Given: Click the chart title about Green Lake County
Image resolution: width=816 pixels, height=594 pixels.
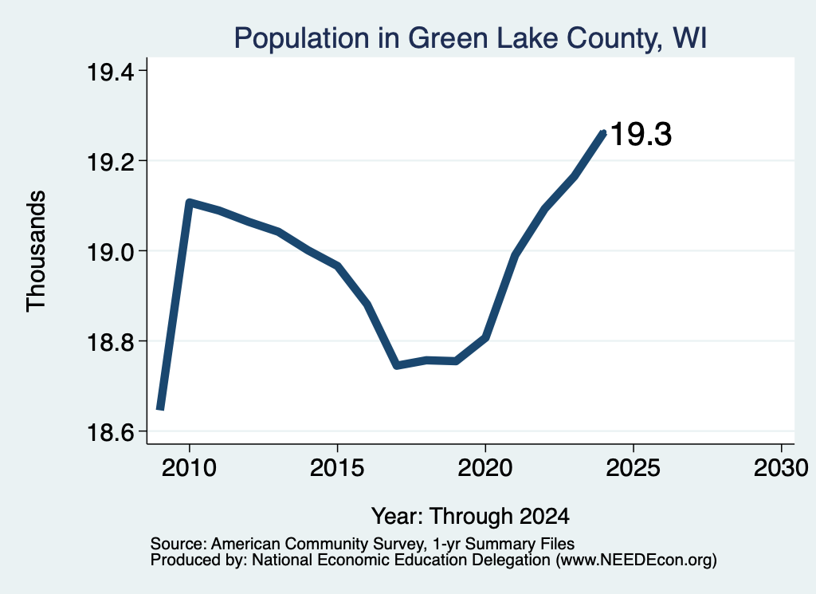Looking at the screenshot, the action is (x=470, y=38).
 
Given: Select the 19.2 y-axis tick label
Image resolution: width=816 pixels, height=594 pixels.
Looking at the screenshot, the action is (x=109, y=161).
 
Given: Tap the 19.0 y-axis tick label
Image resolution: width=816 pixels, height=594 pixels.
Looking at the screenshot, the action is (x=109, y=251).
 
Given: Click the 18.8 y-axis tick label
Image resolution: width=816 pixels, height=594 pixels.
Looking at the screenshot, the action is (x=109, y=341).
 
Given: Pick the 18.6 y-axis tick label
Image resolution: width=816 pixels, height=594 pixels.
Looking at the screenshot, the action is (x=109, y=431).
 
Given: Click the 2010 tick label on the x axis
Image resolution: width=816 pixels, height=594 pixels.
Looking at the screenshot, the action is (x=189, y=468).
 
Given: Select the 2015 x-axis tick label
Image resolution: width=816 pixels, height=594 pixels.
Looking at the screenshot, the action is (x=337, y=468).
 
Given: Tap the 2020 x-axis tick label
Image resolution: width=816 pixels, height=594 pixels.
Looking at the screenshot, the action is (x=485, y=468).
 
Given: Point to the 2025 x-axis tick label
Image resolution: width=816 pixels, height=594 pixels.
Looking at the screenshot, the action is (x=634, y=468).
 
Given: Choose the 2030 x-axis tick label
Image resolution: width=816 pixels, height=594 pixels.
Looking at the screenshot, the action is (x=781, y=468).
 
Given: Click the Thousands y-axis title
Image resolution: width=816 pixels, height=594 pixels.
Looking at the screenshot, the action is (x=37, y=251).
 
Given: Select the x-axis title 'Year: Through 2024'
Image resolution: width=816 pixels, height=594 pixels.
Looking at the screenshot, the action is (x=470, y=516).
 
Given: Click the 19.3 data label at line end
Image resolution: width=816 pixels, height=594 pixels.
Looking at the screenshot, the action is (x=641, y=134).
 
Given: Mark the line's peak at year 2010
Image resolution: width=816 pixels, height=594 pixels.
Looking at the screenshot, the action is (x=189, y=202).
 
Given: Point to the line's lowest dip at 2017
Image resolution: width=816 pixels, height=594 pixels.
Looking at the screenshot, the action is (x=397, y=365).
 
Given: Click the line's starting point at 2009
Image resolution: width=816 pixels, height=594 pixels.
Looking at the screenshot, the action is (x=160, y=409).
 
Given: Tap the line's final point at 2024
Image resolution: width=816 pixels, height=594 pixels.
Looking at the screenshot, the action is (x=604, y=132).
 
